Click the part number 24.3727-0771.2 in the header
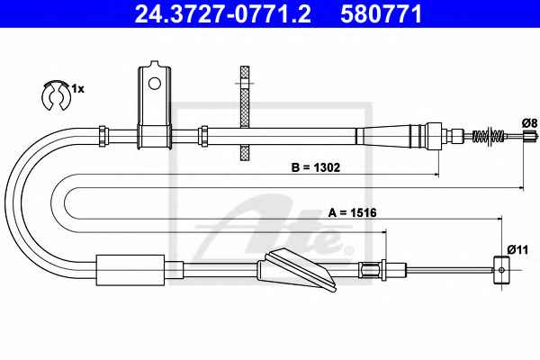[223, 13]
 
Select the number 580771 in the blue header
[382, 13]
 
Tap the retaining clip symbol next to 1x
[54, 95]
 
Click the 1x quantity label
[77, 89]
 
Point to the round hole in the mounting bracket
[154, 83]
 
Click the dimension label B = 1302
[316, 167]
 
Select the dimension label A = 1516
[352, 212]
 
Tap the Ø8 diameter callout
[529, 123]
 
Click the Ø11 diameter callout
[517, 249]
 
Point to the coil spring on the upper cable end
[489, 135]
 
